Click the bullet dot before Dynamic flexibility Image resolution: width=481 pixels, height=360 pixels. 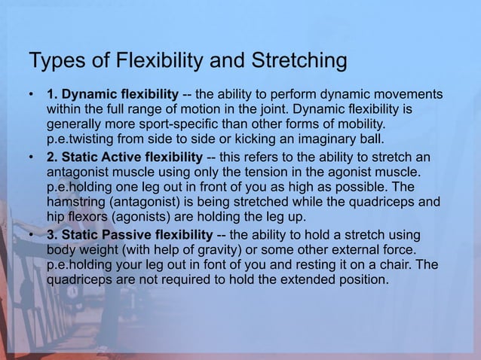point(31,95)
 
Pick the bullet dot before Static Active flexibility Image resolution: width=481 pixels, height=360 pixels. point(31,157)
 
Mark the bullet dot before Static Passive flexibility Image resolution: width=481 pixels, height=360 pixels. point(31,235)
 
